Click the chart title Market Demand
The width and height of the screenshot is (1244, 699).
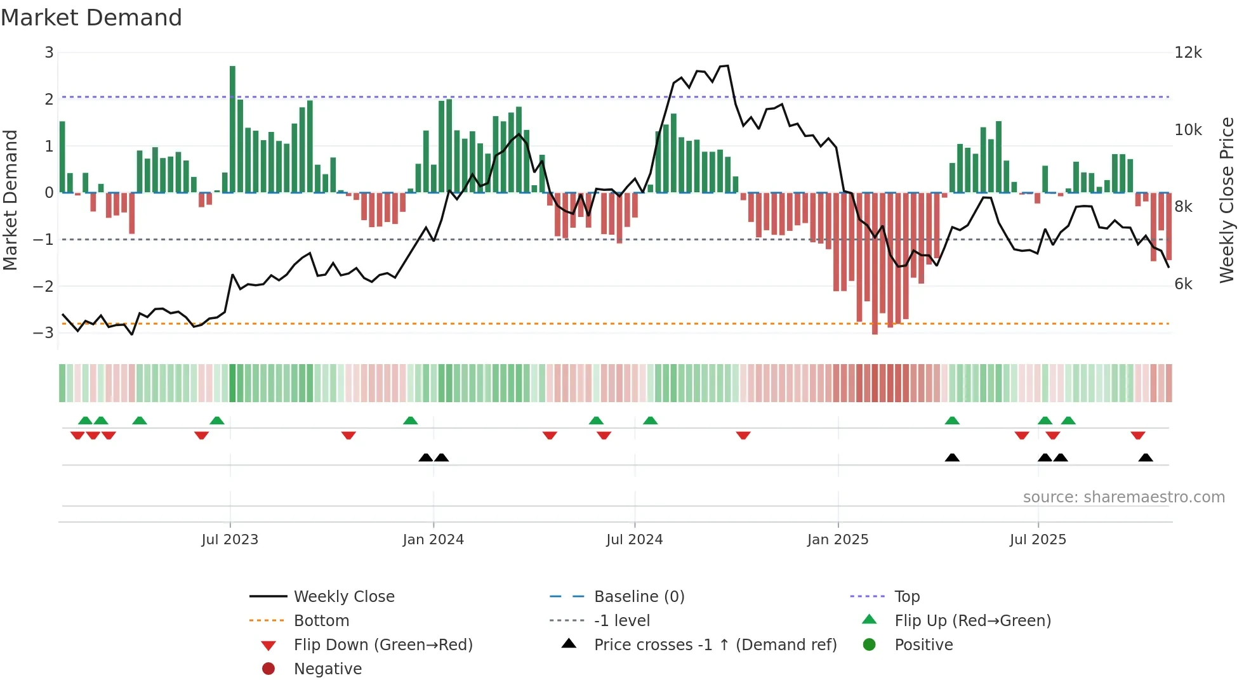click(91, 18)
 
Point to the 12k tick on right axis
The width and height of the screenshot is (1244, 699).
click(1188, 53)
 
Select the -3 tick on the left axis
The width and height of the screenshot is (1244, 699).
click(44, 332)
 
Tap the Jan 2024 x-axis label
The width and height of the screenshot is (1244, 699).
click(433, 540)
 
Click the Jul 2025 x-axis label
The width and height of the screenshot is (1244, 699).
click(1038, 540)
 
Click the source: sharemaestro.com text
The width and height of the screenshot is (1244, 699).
click(1123, 497)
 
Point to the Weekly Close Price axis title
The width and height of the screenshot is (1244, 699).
click(1227, 200)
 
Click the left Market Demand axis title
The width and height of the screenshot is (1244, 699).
click(10, 200)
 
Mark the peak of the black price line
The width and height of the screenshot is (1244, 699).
click(727, 66)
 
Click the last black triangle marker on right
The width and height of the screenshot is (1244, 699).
click(1146, 458)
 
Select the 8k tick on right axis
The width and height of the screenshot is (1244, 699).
click(1183, 207)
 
